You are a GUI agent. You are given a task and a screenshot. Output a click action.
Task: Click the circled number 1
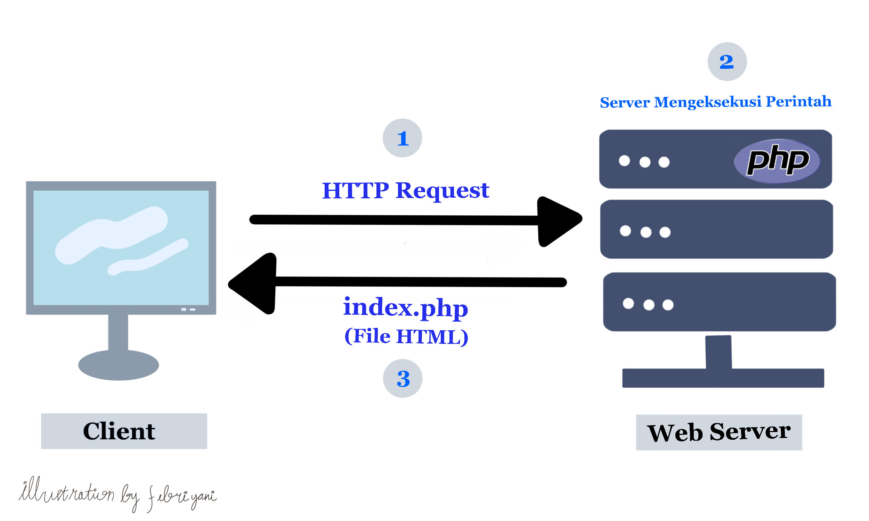pyautogui.click(x=402, y=138)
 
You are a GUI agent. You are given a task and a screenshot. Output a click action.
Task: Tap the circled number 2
pyautogui.click(x=727, y=61)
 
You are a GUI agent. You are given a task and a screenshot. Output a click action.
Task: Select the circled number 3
pyautogui.click(x=403, y=379)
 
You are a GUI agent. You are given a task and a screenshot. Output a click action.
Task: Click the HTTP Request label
pyautogui.click(x=405, y=191)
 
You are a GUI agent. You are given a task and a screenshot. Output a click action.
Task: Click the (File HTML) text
pyautogui.click(x=406, y=337)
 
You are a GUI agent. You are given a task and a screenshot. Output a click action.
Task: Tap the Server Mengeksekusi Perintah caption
pyautogui.click(x=715, y=102)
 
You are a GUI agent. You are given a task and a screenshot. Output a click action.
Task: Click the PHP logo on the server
pyautogui.click(x=777, y=161)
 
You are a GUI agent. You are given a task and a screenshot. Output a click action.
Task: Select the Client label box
pyautogui.click(x=124, y=431)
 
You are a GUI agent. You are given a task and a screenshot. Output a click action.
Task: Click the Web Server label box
pyautogui.click(x=719, y=432)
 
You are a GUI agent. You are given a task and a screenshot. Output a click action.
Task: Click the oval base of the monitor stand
pyautogui.click(x=119, y=365)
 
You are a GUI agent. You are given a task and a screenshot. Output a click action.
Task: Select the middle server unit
pyautogui.click(x=716, y=229)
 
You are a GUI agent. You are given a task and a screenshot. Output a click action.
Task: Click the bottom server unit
pyautogui.click(x=720, y=301)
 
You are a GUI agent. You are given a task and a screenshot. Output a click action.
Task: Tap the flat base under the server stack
pyautogui.click(x=723, y=378)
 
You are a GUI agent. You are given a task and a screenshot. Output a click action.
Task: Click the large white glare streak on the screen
pyautogui.click(x=112, y=235)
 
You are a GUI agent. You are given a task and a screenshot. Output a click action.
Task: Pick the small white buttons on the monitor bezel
pyautogui.click(x=188, y=309)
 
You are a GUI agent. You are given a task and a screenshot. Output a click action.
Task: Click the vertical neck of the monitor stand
pyautogui.click(x=118, y=332)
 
